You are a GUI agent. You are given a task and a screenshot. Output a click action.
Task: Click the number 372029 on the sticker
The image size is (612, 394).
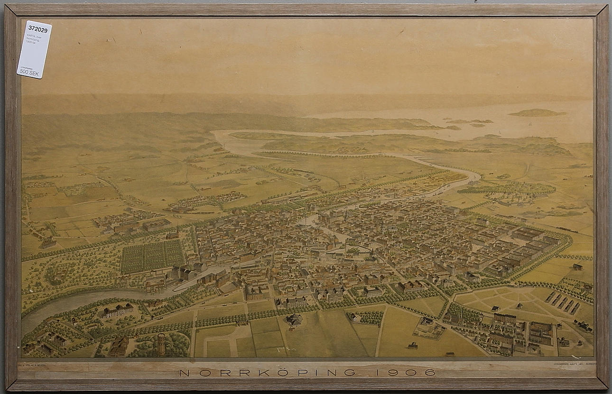tap(37, 29)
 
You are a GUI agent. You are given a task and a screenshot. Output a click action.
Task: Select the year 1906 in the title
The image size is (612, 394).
tap(406, 373)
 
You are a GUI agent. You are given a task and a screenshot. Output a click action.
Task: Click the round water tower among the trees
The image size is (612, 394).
tap(161, 343)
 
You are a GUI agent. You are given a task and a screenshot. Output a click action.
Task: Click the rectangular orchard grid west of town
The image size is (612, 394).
tap(152, 257)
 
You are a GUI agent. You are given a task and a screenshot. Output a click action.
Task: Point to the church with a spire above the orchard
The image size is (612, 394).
tap(173, 233)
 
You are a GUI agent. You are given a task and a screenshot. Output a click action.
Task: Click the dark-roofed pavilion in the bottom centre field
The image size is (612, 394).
tap(294, 320)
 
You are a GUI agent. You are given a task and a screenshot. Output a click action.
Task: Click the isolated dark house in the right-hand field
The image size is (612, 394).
tap(577, 266)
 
